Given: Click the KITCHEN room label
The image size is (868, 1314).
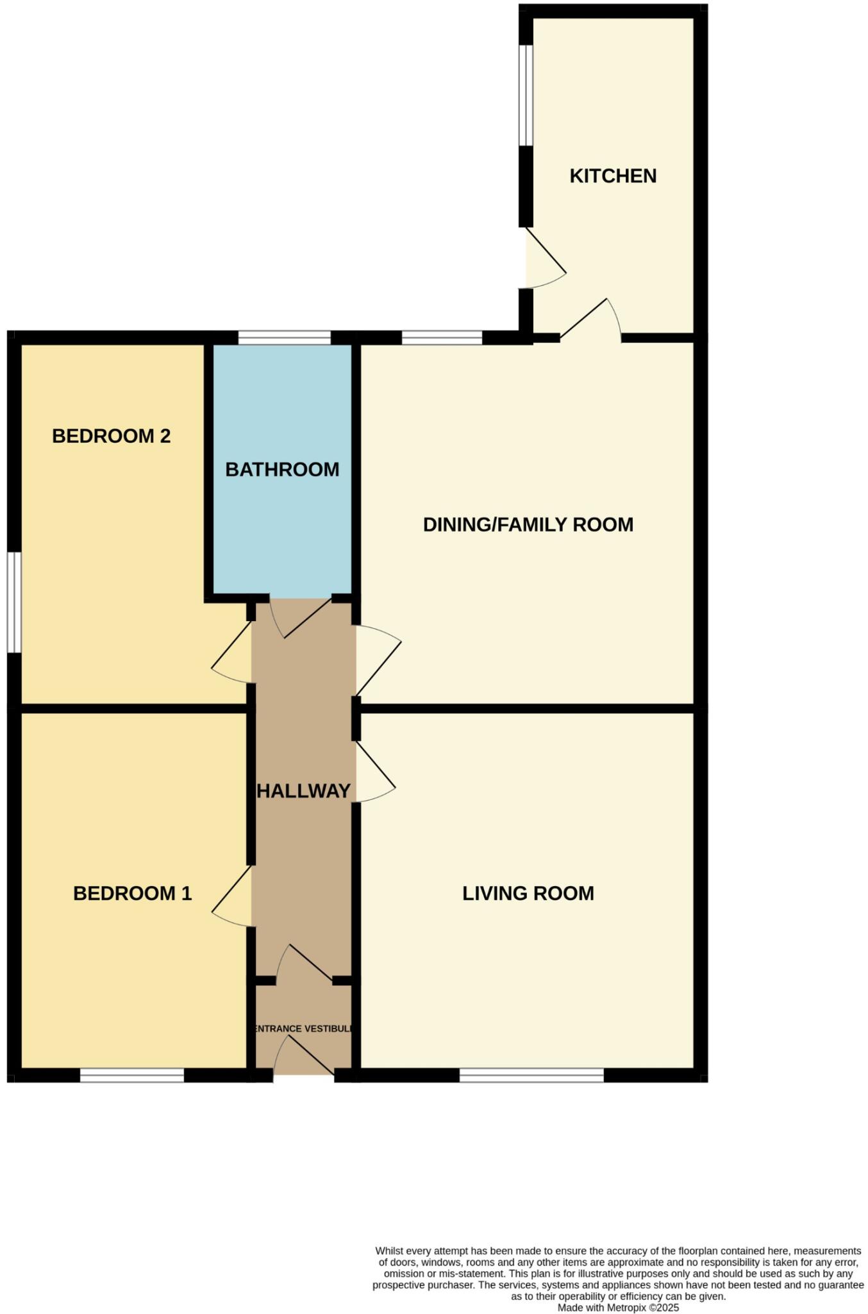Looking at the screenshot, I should pos(613,176).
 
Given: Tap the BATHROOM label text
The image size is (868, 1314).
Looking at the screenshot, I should pos(282,470).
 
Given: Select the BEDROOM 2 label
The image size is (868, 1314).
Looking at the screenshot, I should pos(111,436).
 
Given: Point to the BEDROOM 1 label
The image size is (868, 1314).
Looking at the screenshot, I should pos(132,893).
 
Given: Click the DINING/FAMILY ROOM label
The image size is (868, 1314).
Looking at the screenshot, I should pos(528,525).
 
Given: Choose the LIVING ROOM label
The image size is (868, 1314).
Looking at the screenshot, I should pos(528,893).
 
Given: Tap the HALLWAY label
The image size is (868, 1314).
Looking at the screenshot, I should pos(303,791).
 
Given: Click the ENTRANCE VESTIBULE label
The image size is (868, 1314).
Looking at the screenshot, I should pos(303,1028).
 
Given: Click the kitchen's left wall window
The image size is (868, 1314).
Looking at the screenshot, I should pos(526,95).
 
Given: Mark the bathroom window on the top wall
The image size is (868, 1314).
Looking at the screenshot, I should pos(284,337).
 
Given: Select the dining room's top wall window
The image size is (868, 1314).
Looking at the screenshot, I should pos(442,337).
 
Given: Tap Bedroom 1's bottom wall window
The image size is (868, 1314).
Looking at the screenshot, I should pos(132,1075).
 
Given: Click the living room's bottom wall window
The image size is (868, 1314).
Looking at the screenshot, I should pos(531,1075).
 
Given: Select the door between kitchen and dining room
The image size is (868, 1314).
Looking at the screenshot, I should pos(590,321).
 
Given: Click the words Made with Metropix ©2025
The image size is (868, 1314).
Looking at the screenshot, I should pos(618,1308).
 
